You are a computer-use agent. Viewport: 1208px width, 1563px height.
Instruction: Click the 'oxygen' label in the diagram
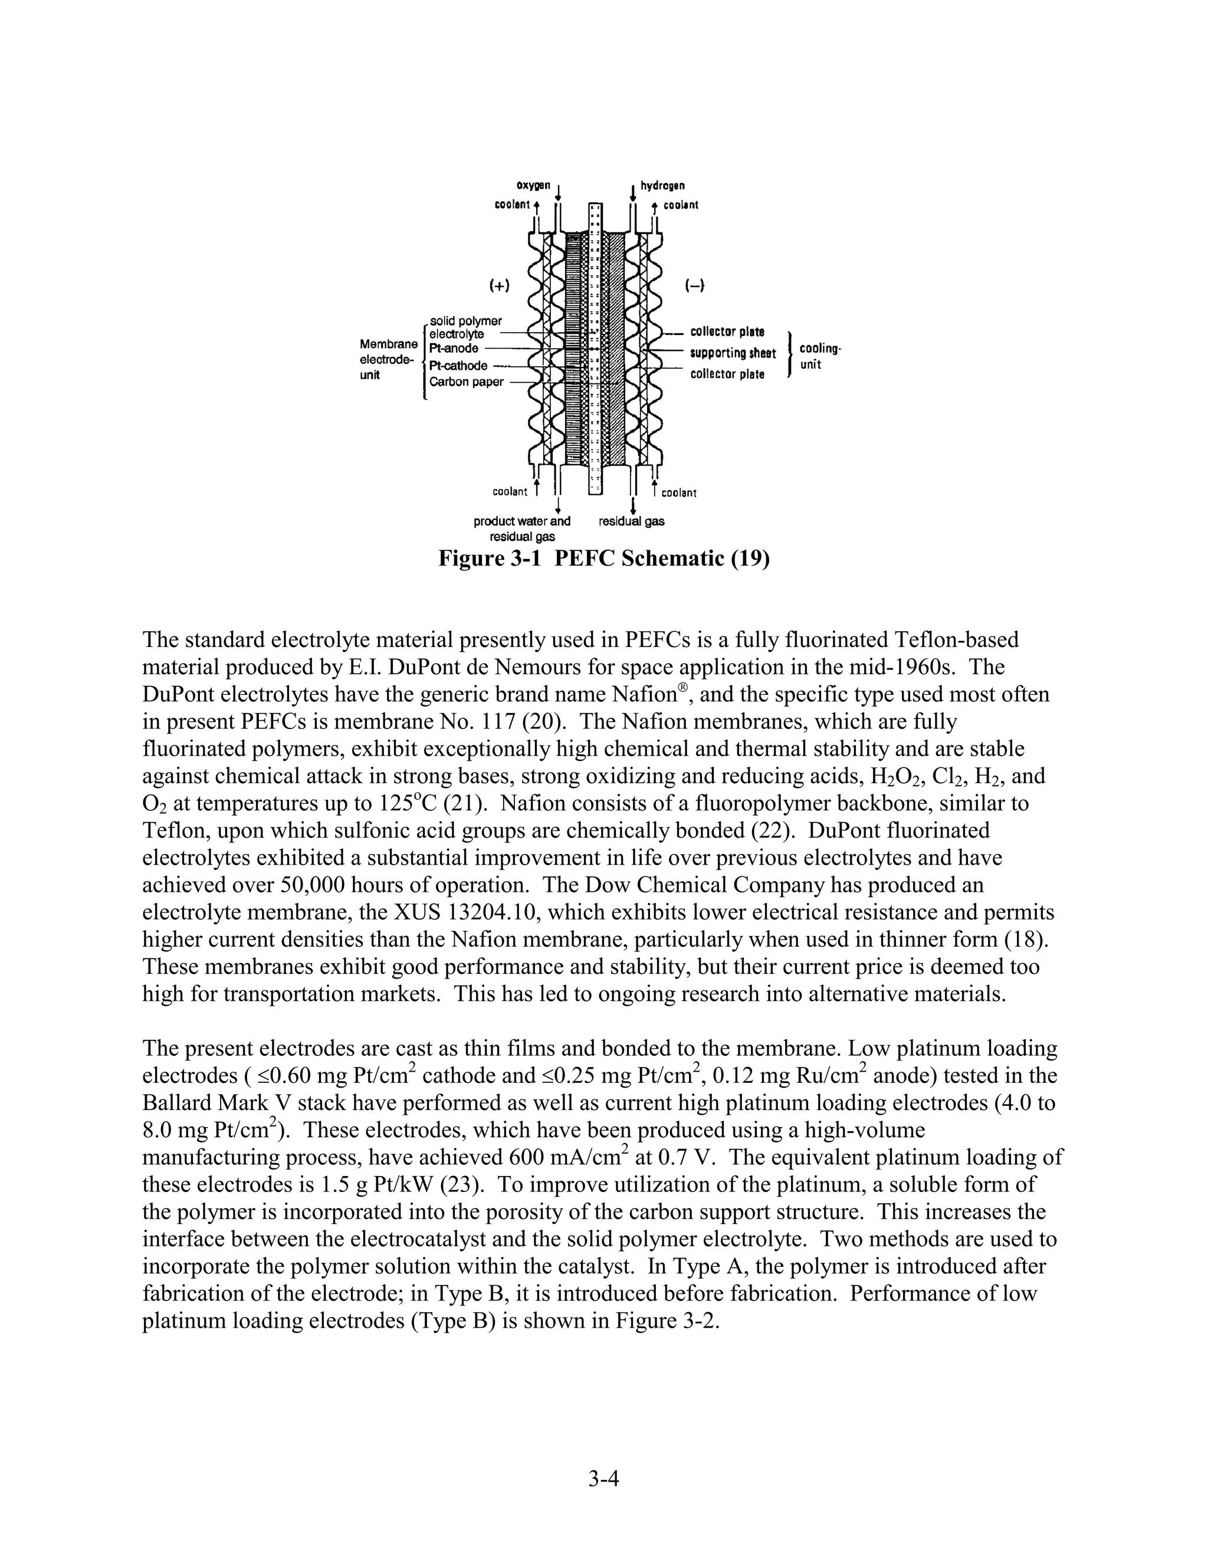point(534,186)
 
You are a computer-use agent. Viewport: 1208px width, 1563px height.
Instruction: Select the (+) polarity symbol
point(499,285)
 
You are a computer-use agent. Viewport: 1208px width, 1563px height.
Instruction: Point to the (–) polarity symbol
point(695,285)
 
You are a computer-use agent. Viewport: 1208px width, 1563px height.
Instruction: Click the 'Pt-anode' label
point(454,349)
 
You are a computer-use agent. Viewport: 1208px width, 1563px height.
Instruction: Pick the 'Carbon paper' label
point(466,382)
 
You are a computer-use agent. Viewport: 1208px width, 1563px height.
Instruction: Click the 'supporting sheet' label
point(732,353)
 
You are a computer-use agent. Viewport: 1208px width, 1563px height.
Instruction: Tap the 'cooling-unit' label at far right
point(820,356)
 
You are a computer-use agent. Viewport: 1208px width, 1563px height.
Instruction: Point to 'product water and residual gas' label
point(521,529)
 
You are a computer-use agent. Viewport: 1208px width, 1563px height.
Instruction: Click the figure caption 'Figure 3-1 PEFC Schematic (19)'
point(603,558)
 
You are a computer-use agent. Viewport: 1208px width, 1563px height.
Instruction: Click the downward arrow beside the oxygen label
point(557,191)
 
